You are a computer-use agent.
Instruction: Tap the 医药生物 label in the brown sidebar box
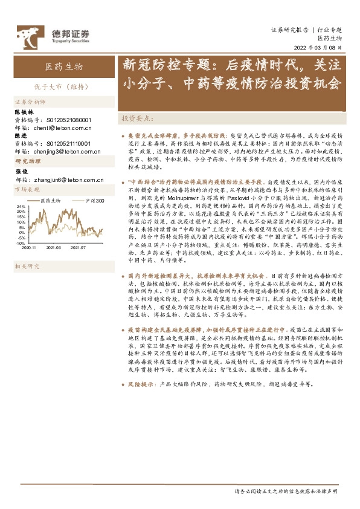tap(64, 66)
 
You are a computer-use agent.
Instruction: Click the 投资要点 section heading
tap(138, 118)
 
